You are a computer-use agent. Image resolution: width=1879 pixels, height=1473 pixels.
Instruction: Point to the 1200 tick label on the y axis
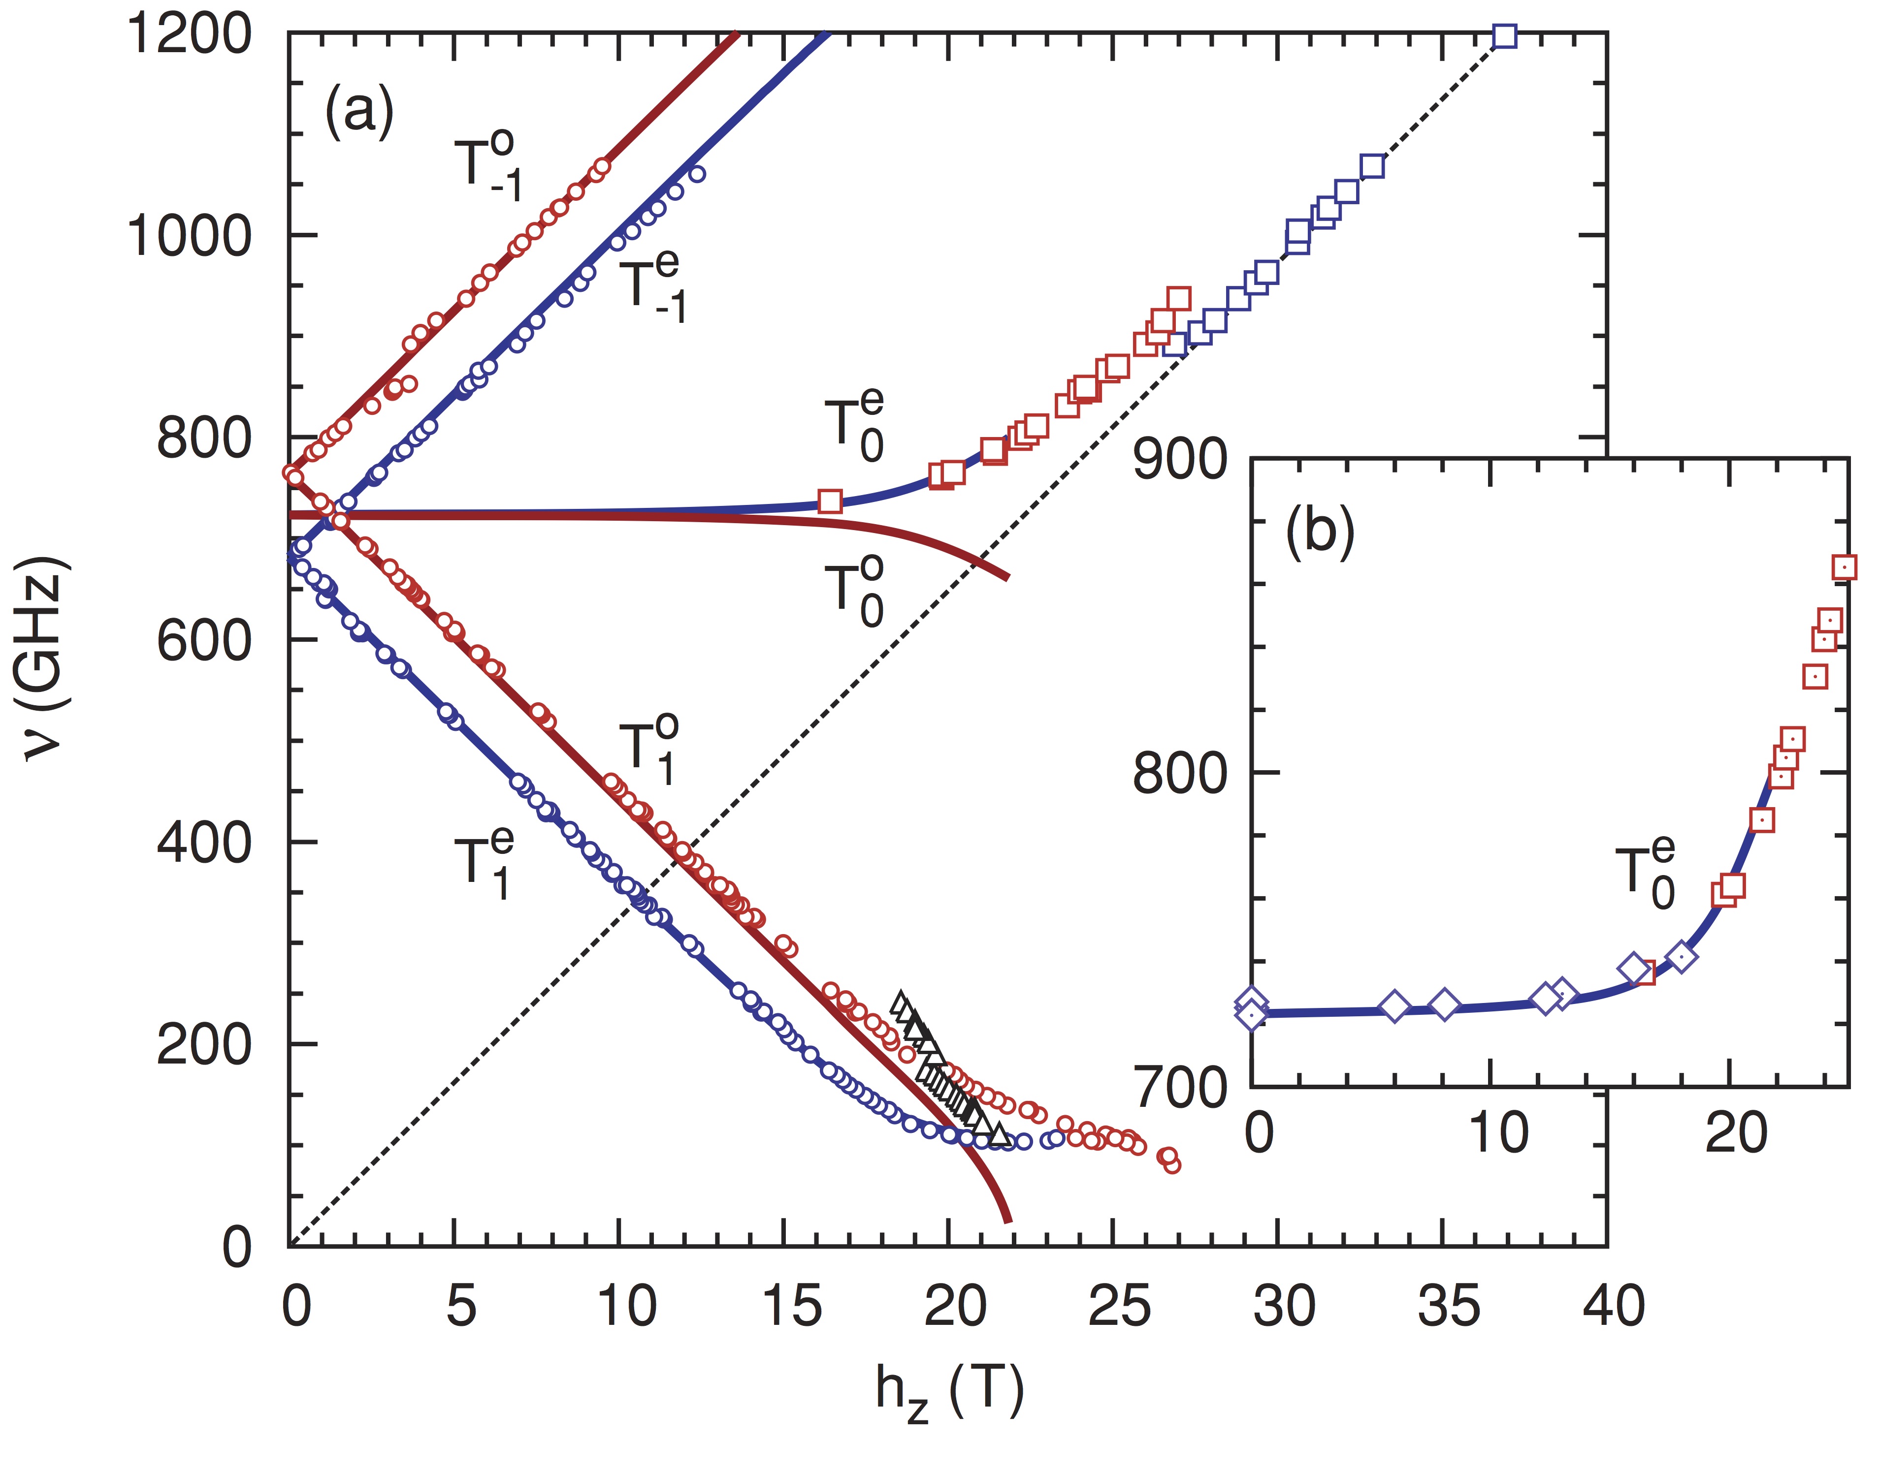tap(190, 36)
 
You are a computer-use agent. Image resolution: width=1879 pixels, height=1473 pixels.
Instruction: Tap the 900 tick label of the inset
tap(1180, 460)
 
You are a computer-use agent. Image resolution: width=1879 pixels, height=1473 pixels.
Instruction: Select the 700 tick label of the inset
tap(1180, 1088)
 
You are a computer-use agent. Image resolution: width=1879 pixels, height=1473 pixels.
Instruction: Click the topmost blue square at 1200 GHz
tap(1505, 36)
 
